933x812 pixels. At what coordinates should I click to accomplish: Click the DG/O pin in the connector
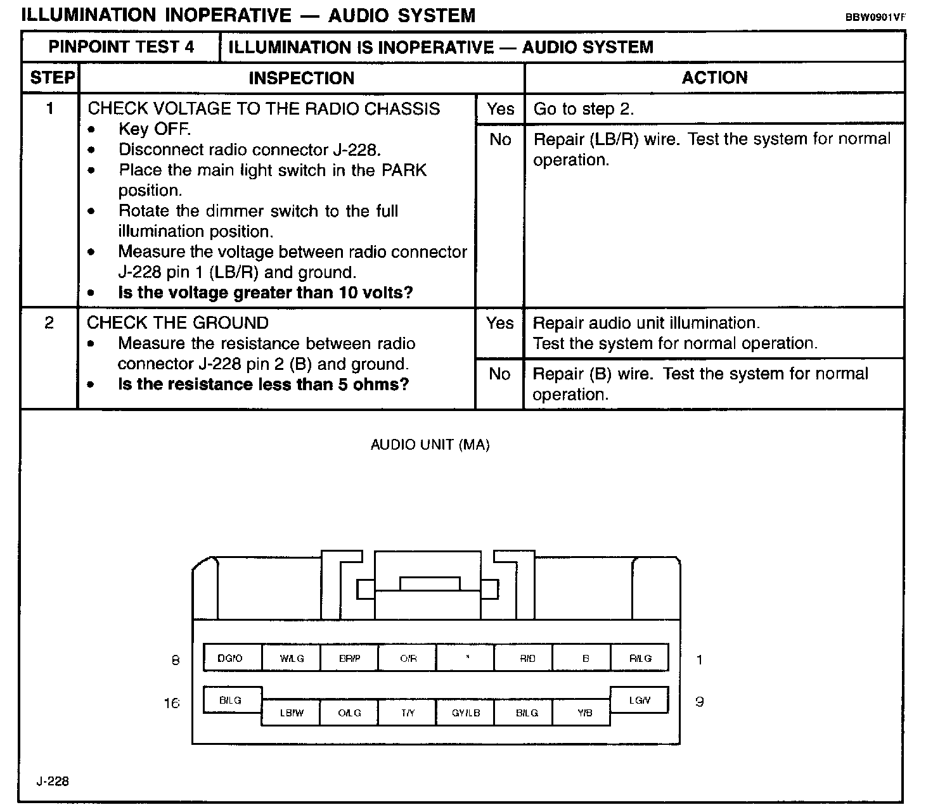(231, 658)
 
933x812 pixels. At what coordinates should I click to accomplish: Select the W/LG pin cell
(292, 658)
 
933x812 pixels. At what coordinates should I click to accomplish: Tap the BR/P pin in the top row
(349, 658)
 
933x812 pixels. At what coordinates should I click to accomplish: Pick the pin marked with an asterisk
(467, 658)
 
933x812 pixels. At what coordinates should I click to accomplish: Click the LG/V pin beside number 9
(639, 700)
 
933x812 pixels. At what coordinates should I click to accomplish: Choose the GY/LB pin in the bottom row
(466, 713)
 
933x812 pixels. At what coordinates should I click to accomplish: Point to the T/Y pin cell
(408, 713)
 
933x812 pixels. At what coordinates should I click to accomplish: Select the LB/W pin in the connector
(292, 713)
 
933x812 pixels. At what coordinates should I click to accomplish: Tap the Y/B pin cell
(584, 713)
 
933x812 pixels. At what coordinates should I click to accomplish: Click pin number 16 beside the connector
(172, 703)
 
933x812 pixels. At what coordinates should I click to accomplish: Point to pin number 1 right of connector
(699, 660)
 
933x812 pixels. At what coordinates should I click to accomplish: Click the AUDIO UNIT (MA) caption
(430, 445)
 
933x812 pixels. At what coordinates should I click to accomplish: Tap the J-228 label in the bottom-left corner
(53, 781)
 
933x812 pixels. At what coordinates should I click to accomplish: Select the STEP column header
(52, 78)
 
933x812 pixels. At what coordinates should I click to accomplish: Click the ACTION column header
(714, 77)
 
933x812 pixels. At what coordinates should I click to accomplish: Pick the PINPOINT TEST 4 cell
(121, 47)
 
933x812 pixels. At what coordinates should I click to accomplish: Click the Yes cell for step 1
(500, 109)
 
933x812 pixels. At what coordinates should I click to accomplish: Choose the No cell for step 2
(499, 374)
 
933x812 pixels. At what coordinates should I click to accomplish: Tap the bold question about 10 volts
(266, 293)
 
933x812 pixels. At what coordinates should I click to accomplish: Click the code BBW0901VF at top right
(875, 17)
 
